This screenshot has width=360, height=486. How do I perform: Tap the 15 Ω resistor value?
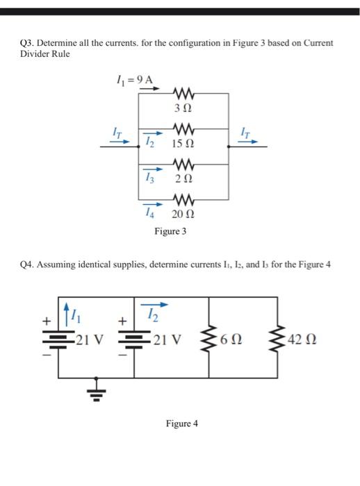click(185, 144)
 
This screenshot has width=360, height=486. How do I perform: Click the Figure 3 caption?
click(170, 232)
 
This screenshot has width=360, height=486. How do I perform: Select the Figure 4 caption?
click(181, 423)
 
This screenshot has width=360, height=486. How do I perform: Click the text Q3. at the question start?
click(26, 43)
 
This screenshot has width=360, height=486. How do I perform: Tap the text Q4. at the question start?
click(26, 265)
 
